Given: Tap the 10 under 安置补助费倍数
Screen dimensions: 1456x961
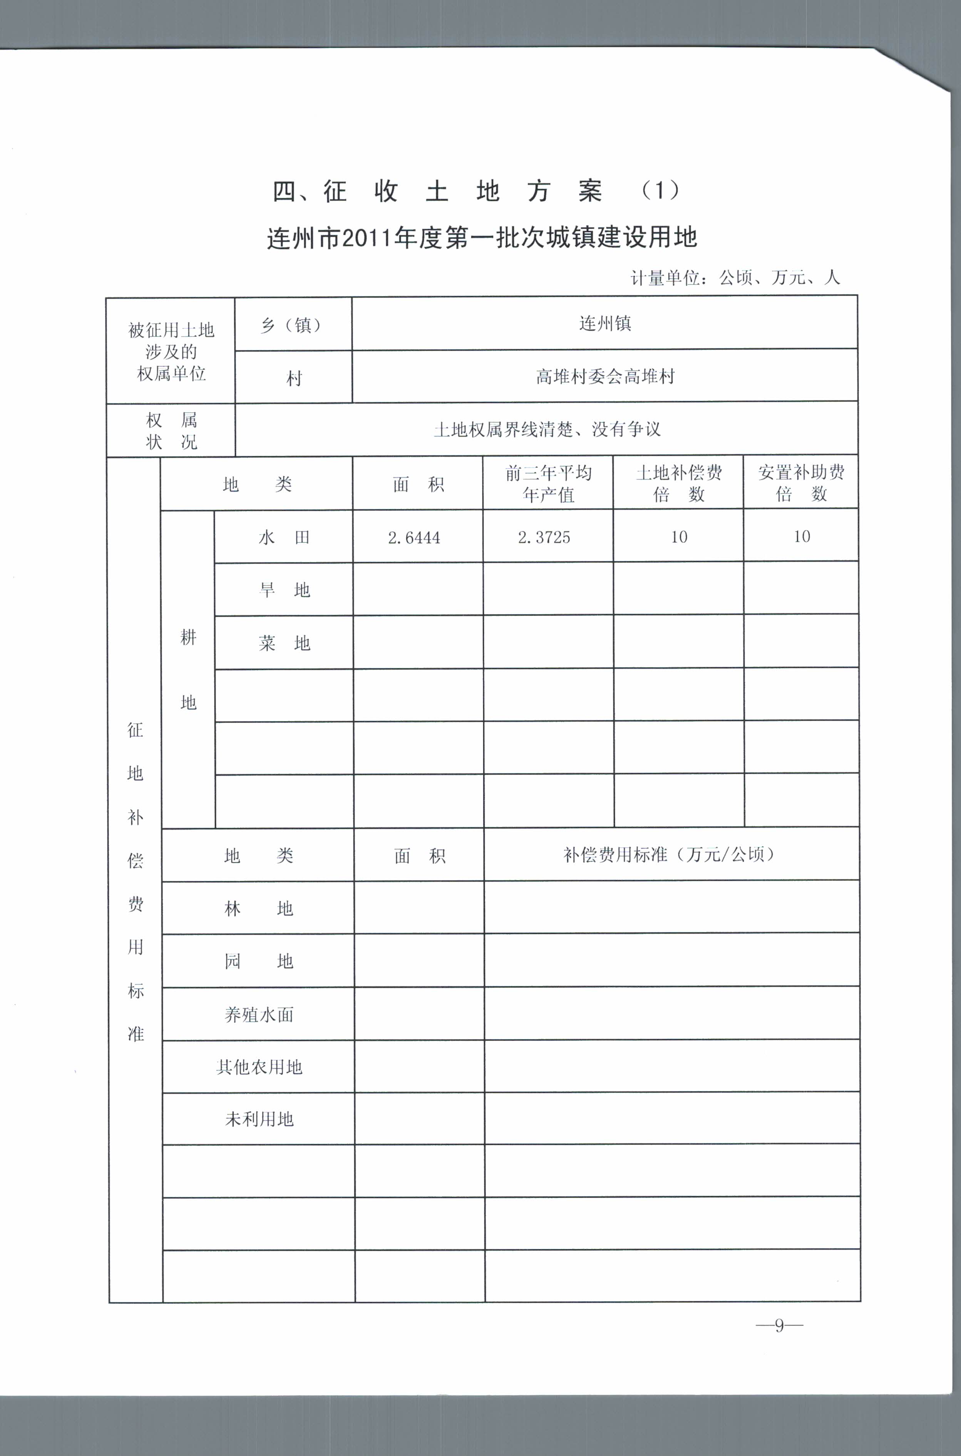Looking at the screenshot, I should tap(802, 537).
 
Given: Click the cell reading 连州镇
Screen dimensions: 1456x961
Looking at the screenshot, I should tap(605, 323).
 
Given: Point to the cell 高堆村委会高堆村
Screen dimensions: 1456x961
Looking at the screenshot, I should tap(605, 376).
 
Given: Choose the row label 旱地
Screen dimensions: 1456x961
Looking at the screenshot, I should tap(284, 590).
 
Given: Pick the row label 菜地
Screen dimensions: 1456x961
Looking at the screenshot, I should tap(284, 643).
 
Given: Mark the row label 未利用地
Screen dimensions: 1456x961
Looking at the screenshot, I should tap(259, 1120).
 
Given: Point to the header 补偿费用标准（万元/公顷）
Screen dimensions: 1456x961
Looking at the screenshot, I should tap(671, 854).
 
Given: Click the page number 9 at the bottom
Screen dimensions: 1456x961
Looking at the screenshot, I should tap(779, 1325).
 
